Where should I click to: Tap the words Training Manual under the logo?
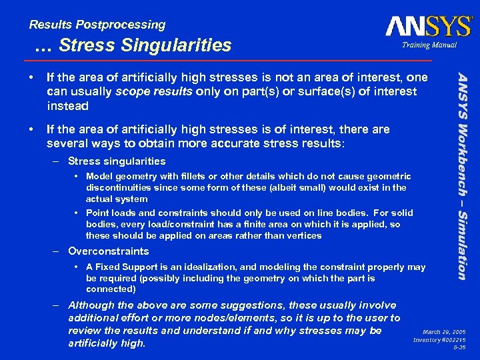click(429, 45)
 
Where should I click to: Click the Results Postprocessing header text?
click(97, 25)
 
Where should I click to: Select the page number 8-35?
click(459, 348)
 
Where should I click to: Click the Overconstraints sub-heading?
click(109, 251)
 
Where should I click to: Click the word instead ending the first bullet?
click(67, 106)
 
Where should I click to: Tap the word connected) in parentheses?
click(111, 289)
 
